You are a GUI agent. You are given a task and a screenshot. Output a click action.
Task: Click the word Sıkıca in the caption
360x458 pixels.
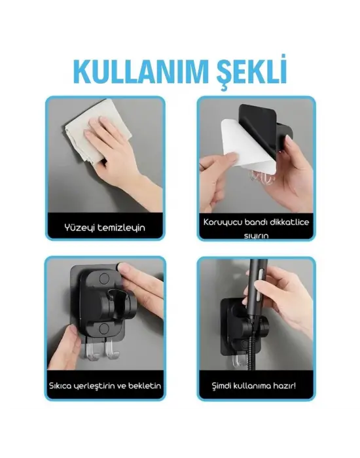[69, 385]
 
